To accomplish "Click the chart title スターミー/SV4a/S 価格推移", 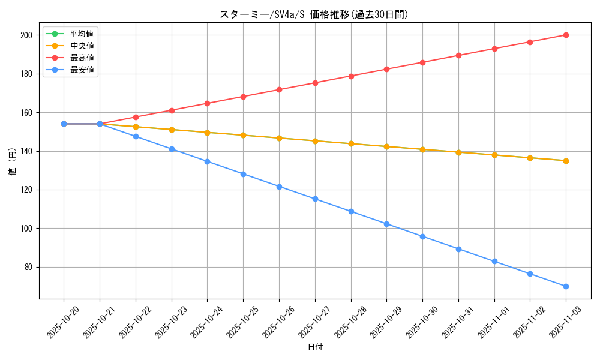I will [314, 14].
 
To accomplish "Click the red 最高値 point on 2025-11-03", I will [566, 35].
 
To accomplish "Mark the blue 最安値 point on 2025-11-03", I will [566, 286].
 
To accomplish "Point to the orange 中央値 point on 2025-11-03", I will [566, 161].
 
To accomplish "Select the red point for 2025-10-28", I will [351, 76].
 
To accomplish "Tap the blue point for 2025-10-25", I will [243, 174].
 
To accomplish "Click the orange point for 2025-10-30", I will [422, 149].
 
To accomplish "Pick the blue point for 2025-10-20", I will [64, 124].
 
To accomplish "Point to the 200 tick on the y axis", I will [25, 35].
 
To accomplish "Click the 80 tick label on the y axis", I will [27, 267].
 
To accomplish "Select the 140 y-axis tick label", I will [25, 151].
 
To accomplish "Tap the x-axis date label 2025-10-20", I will [63, 322].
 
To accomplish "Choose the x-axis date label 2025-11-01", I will [494, 322].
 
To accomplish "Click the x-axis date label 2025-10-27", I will [314, 322].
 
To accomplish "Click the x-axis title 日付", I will [315, 347].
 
